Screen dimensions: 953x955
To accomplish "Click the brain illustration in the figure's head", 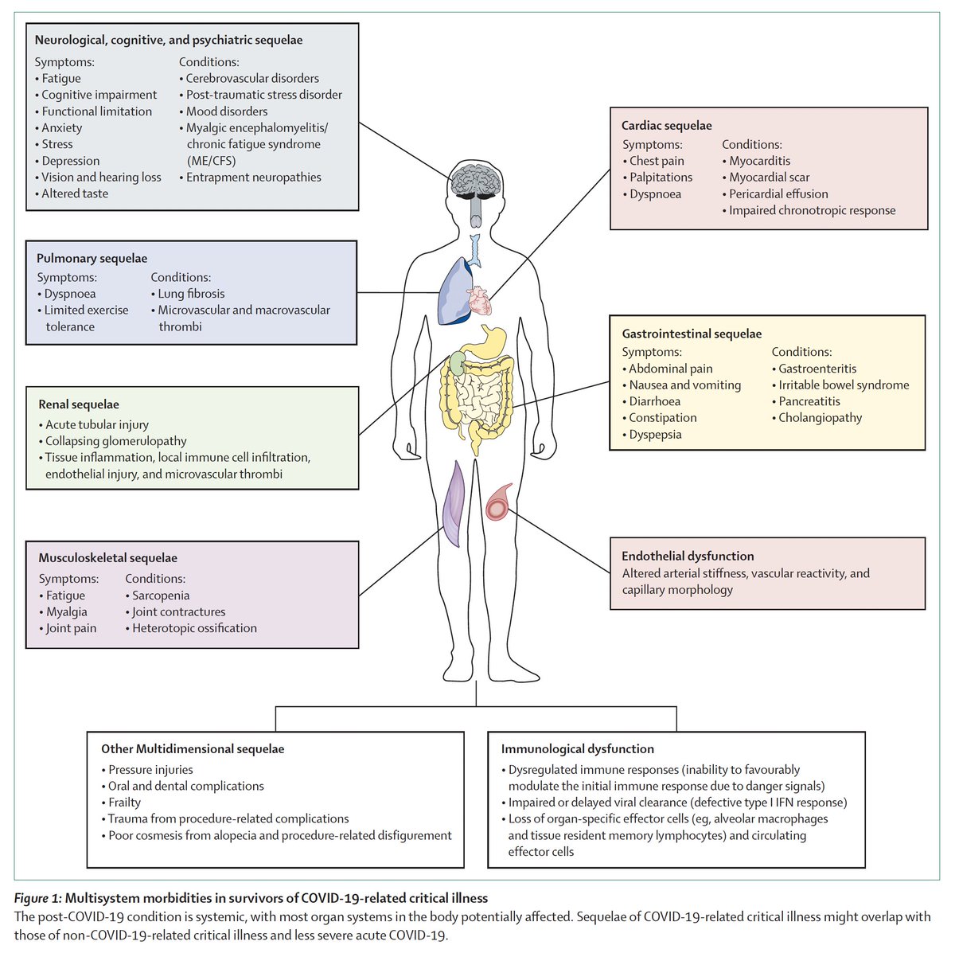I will [x=476, y=179].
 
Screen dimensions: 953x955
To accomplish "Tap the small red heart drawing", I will [x=479, y=301].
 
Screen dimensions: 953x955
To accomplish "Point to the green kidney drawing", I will [x=457, y=363].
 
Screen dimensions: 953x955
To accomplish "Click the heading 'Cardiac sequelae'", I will [x=666, y=126].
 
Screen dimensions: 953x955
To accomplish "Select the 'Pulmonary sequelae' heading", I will [x=92, y=259].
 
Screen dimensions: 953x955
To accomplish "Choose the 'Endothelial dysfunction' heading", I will [x=688, y=557].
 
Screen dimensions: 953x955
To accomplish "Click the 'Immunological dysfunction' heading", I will [x=577, y=749].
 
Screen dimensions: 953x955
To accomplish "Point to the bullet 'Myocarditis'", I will [x=759, y=161].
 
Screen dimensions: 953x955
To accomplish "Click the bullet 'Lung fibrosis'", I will [x=191, y=294].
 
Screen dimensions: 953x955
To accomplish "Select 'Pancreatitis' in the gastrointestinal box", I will [x=809, y=401].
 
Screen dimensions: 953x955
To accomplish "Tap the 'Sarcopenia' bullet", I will [x=161, y=596].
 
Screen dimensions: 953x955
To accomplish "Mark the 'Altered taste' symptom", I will [x=74, y=193].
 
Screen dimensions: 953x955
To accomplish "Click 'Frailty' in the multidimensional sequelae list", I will [x=124, y=803].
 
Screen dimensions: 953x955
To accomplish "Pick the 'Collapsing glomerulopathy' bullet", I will [x=115, y=441].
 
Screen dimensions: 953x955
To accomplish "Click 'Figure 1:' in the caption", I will [x=39, y=899].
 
